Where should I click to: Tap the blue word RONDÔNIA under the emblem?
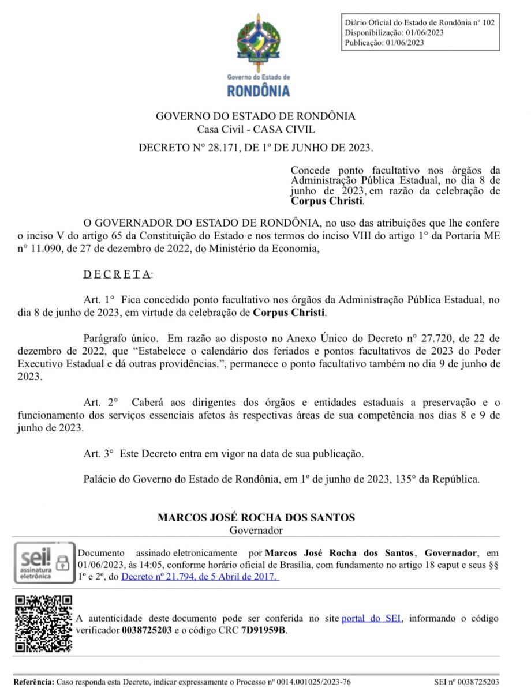[x=258, y=91]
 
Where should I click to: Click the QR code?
[x=43, y=623]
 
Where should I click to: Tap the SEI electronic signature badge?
[x=44, y=562]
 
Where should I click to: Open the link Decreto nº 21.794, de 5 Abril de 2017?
[x=200, y=576]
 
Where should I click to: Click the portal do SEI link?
[x=371, y=619]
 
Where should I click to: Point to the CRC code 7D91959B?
[x=264, y=630]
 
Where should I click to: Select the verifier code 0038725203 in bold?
[x=147, y=630]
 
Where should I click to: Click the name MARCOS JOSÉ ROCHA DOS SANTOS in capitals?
[x=256, y=518]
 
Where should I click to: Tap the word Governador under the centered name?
[x=256, y=530]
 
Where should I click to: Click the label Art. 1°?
[x=99, y=300]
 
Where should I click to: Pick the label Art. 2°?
[x=100, y=402]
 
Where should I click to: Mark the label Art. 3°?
[x=99, y=454]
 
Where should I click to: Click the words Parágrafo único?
[x=118, y=338]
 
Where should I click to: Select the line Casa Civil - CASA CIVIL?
[x=256, y=130]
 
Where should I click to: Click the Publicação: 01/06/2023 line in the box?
[x=384, y=43]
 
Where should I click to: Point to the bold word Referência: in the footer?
[x=33, y=682]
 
